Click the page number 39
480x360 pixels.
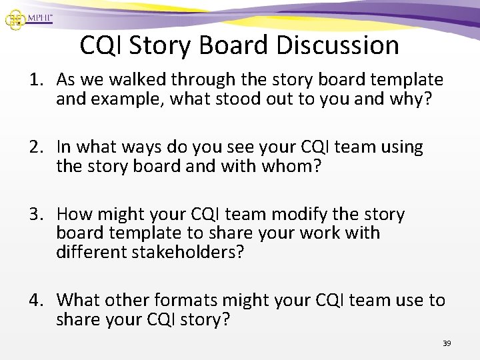pyautogui.click(x=447, y=343)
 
